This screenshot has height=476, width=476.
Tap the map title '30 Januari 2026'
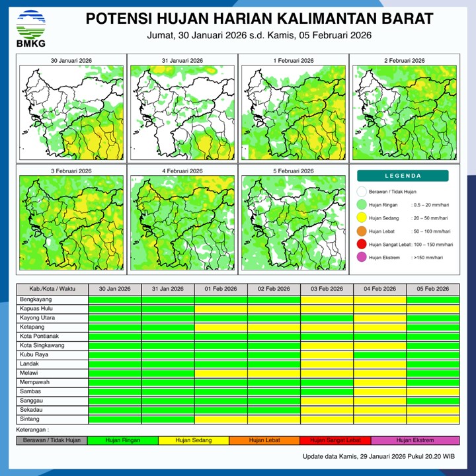tap(71, 61)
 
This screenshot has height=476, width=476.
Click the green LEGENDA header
tap(403, 176)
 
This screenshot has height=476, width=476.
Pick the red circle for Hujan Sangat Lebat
tap(361, 245)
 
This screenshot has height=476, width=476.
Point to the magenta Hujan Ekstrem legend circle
tap(361, 258)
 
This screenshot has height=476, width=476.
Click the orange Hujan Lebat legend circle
tap(361, 231)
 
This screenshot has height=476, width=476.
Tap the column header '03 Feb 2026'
tap(327, 289)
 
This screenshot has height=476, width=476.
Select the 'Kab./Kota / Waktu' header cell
tap(52, 289)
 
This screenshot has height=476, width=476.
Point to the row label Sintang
tap(30, 419)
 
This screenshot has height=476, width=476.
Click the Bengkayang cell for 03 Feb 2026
tap(327, 300)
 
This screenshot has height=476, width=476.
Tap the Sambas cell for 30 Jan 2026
tap(114, 392)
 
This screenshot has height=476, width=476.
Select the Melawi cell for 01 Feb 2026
tap(221, 374)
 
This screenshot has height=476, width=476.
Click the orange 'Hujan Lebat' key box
tap(264, 440)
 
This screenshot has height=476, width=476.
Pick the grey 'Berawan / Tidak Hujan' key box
tap(52, 440)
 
